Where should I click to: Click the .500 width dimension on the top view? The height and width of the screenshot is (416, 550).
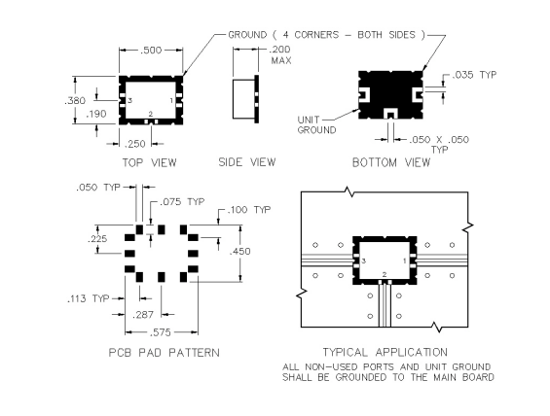151,51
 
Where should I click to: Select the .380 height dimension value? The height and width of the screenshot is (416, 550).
75,101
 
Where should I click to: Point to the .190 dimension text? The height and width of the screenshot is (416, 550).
96,114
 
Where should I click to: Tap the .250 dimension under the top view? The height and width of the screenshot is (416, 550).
135,144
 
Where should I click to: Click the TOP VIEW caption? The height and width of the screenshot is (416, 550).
150,163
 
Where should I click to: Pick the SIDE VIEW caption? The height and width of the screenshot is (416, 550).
247,162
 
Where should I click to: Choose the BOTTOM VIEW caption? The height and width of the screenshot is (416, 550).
391,163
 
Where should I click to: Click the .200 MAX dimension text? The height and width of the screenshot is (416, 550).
280,54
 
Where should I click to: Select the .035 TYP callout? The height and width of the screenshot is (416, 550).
474,75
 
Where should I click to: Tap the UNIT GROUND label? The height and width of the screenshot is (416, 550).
316,125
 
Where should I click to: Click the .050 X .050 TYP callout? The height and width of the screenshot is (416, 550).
439,144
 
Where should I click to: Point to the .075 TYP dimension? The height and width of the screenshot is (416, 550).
182,202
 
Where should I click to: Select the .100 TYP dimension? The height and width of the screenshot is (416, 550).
248,210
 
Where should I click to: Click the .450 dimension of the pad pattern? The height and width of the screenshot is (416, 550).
239,252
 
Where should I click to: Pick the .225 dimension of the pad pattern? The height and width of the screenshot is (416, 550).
97,239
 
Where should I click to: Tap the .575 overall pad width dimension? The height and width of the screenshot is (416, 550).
161,332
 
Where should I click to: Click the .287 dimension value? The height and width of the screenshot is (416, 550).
143,315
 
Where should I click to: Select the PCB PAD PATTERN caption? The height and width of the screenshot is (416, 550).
165,353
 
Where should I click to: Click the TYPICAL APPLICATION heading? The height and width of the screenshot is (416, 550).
385,352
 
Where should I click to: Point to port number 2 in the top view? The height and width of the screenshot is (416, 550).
151,114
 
